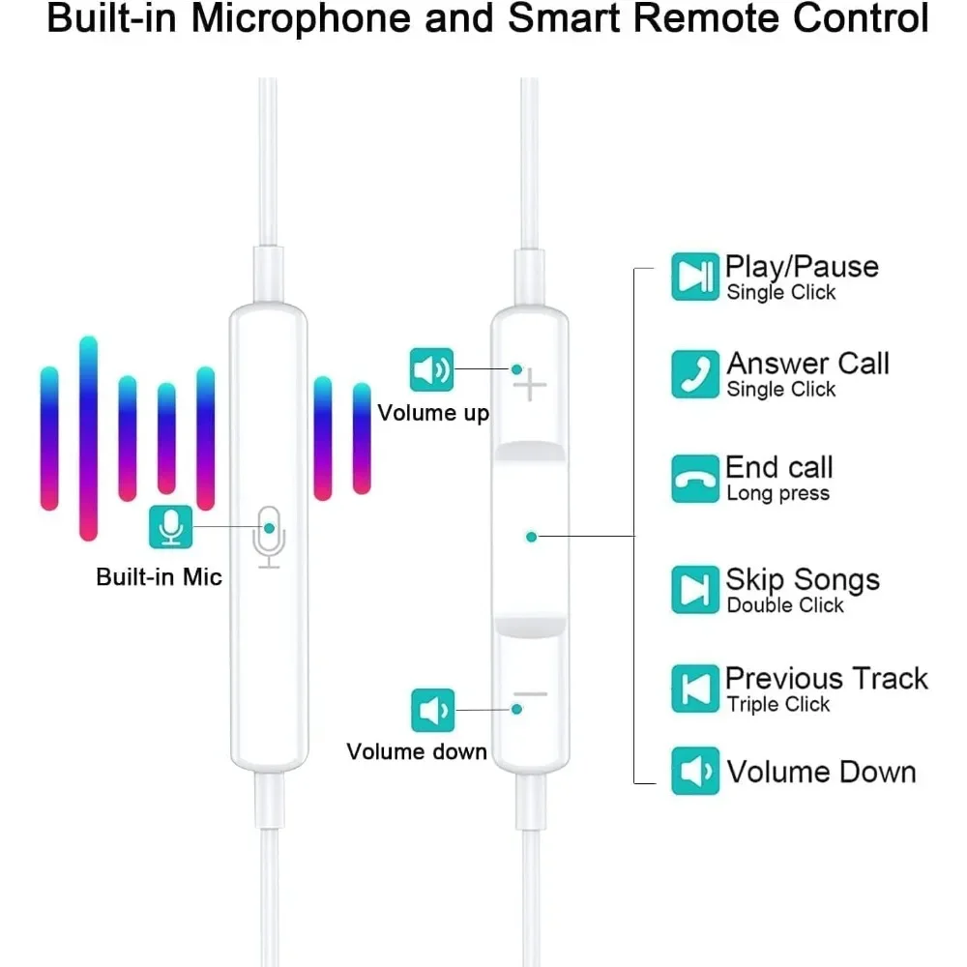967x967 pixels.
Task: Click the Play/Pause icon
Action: [x=695, y=277]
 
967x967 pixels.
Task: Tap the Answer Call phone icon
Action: [x=695, y=374]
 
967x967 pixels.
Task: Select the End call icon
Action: [x=695, y=479]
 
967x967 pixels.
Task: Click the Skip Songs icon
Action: [x=695, y=590]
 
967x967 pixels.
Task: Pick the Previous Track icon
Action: [x=695, y=689]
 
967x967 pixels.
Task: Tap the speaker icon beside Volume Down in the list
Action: [x=695, y=771]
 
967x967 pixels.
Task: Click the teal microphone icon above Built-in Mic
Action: [x=171, y=526]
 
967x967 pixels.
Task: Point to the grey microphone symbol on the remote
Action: [x=269, y=536]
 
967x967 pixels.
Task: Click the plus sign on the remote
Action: [x=530, y=387]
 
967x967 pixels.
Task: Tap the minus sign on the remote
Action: [x=530, y=694]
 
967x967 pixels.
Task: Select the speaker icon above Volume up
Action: [x=431, y=369]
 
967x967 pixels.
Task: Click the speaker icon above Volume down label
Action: [x=431, y=710]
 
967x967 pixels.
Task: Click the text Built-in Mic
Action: [x=159, y=578]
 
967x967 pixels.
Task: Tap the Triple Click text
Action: [x=778, y=705]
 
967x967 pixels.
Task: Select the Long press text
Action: [x=777, y=494]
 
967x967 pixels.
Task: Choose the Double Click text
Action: [x=785, y=605]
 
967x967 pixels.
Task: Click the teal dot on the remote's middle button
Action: [x=531, y=536]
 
